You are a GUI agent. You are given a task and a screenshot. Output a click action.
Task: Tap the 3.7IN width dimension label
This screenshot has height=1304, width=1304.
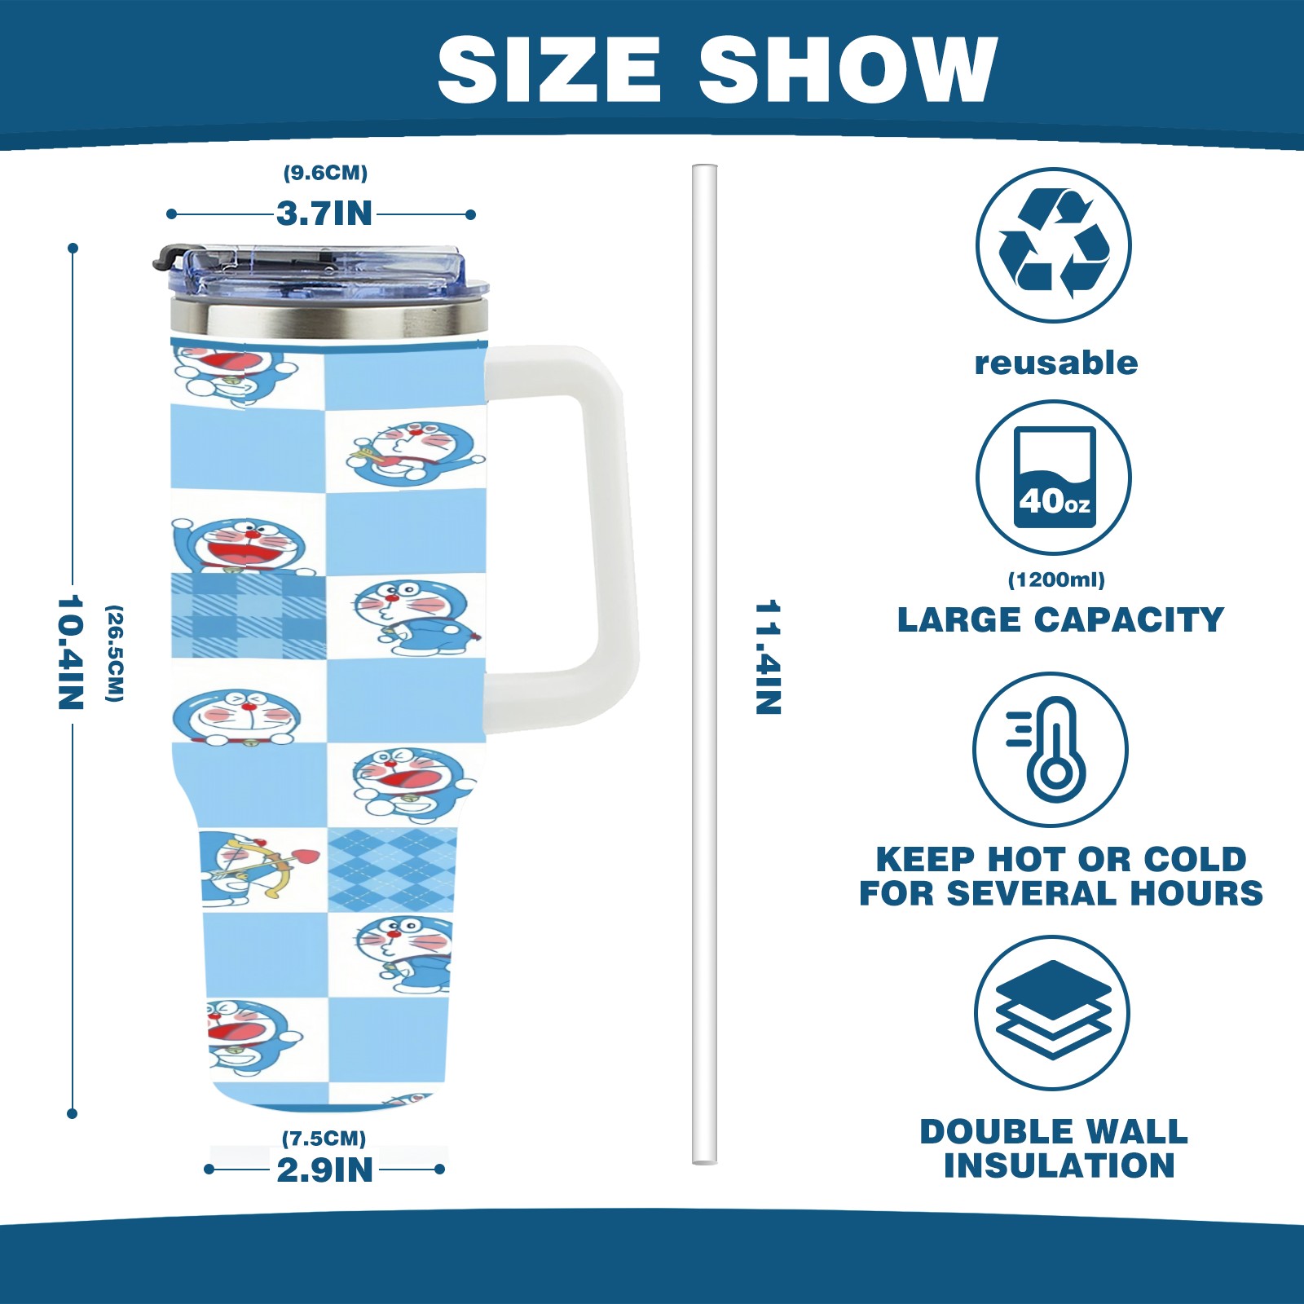pos(324,214)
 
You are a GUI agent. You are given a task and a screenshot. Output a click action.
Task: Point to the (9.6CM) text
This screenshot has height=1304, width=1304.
pos(325,173)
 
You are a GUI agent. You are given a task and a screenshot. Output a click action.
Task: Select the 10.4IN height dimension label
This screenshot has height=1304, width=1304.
pos(71,652)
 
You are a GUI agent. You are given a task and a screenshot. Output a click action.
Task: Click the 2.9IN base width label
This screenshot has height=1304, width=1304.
pos(324,1170)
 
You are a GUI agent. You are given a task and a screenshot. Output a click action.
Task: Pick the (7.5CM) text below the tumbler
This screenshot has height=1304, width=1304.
pos(324,1138)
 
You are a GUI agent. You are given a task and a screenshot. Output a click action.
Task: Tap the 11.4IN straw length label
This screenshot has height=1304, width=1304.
pos(768,657)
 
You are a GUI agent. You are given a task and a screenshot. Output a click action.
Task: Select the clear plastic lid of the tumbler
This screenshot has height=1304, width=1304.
pos(326,273)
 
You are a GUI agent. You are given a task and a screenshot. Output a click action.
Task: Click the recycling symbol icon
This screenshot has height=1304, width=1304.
pos(1053,244)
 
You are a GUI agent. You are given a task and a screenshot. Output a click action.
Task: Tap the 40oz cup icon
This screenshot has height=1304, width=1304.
pos(1054,478)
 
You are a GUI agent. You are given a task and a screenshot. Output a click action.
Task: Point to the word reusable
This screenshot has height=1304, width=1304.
pos(1056,363)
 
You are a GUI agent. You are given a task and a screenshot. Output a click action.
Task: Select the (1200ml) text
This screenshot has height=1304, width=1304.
pos(1056,579)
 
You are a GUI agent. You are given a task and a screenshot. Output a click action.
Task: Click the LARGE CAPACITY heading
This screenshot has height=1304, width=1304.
pos(1060,620)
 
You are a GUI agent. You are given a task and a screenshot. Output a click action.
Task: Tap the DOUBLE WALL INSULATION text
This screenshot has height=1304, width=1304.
pos(1055,1148)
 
